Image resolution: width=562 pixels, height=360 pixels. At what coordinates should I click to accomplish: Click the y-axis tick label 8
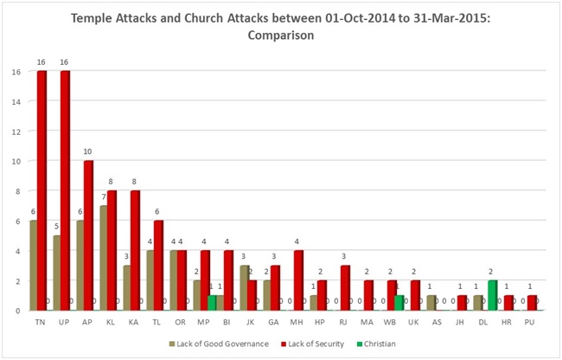pos(16,190)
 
